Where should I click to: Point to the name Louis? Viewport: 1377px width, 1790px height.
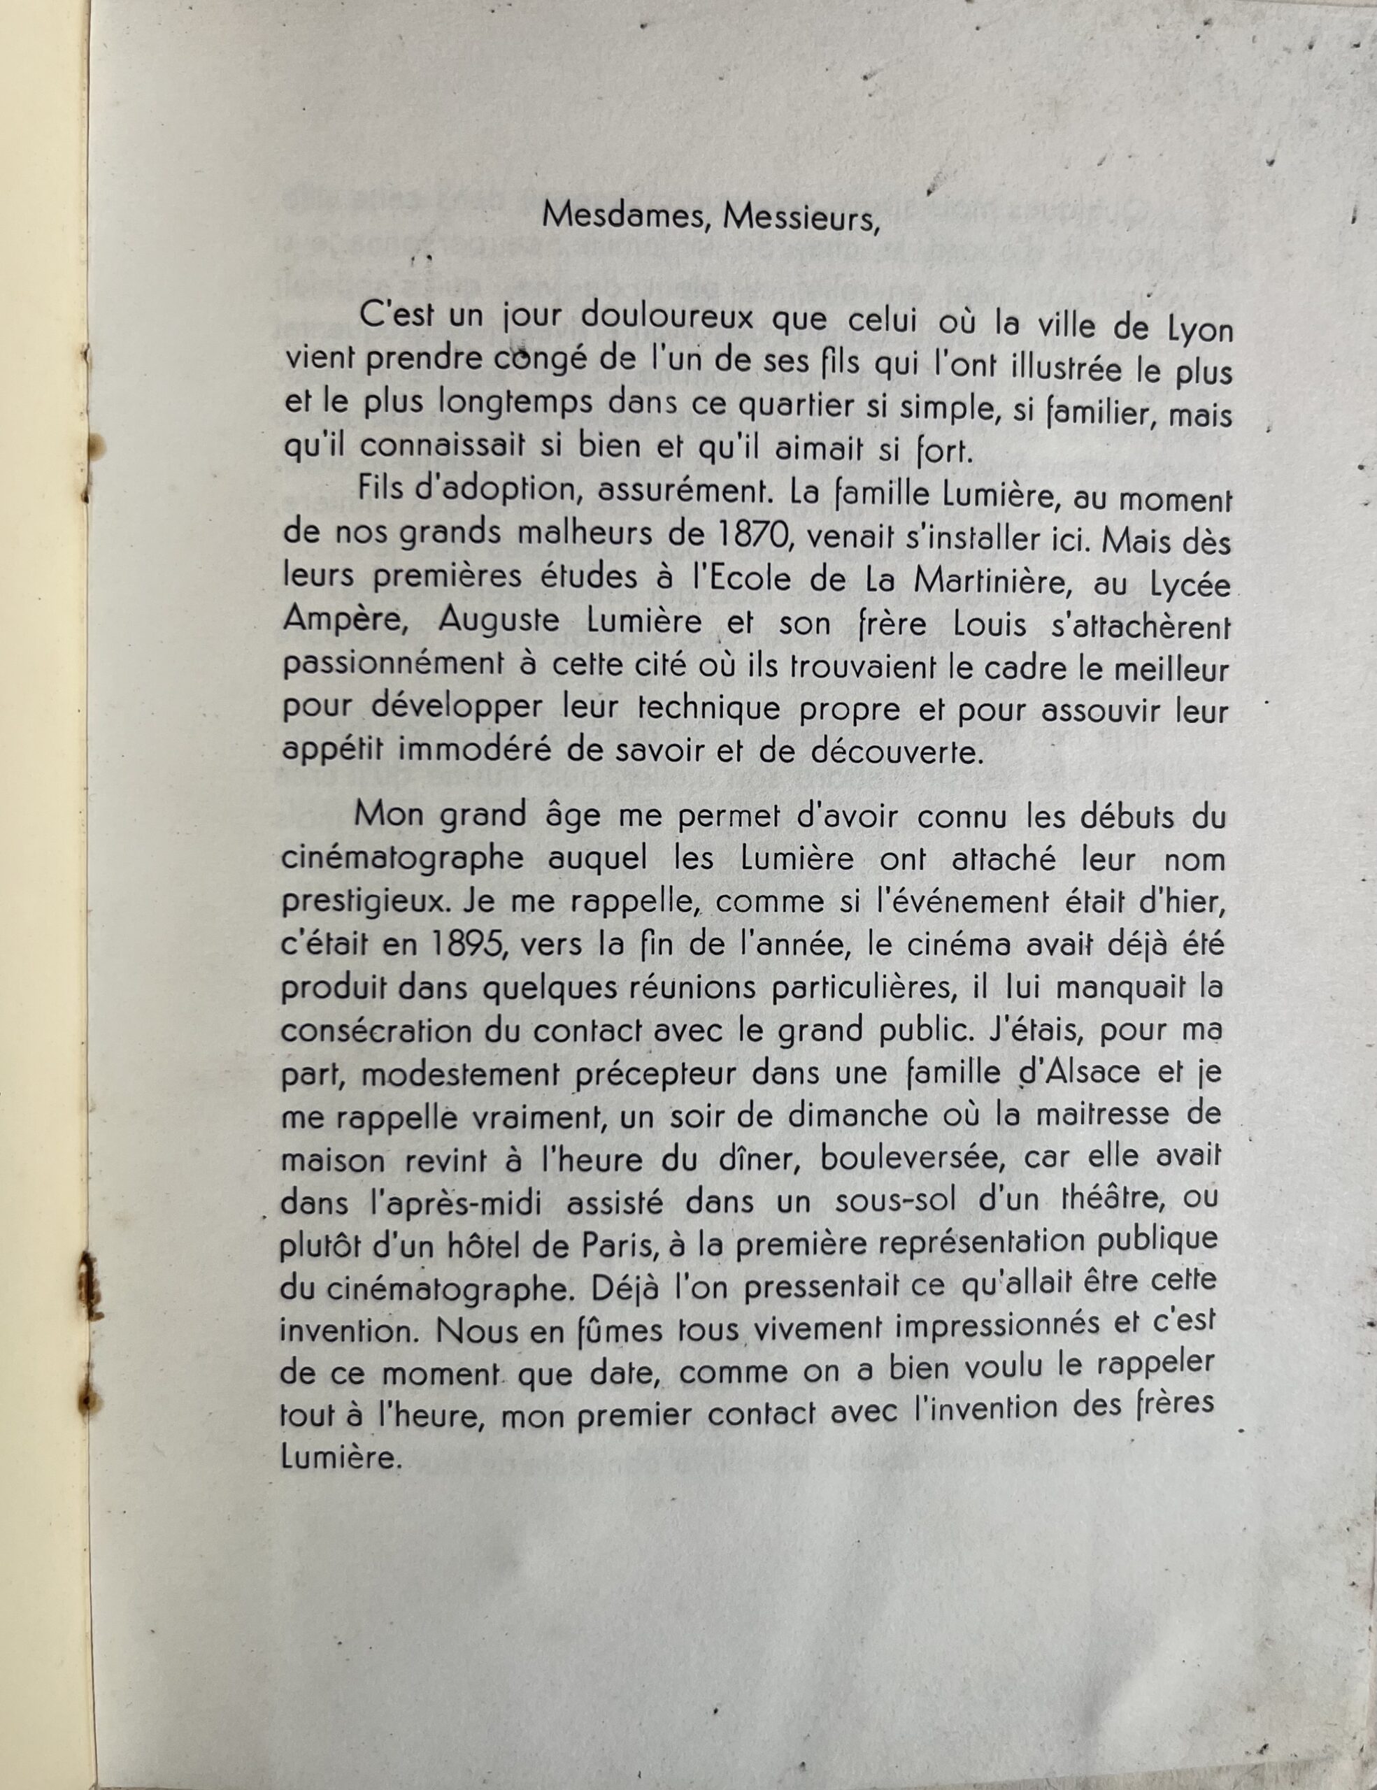point(991,625)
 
